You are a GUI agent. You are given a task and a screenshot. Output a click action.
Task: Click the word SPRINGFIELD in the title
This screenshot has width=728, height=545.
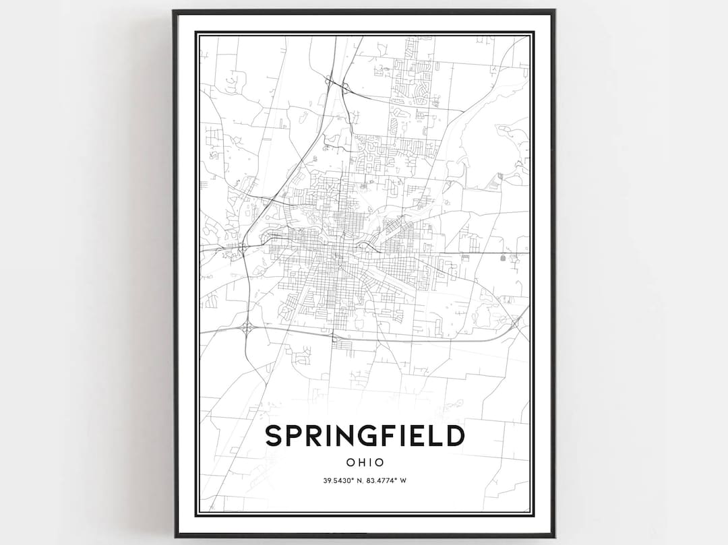coord(365,436)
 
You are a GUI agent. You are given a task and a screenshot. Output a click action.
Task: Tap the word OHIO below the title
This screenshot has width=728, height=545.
coord(365,463)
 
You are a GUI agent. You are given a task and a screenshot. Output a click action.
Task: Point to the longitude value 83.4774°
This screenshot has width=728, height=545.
coord(384,480)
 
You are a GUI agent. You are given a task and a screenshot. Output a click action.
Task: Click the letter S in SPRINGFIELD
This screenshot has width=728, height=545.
coord(273,436)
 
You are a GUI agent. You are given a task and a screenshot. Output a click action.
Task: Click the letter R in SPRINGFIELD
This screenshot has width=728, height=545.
coord(313,436)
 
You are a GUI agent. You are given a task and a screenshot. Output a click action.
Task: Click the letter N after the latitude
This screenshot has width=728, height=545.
coord(360,480)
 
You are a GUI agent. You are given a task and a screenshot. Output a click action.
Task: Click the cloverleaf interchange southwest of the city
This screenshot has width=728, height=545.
coord(247,328)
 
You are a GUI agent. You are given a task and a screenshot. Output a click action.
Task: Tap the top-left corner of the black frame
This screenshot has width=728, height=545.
coord(174,11)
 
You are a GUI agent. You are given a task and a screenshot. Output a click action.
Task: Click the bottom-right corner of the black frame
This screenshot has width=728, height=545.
coord(553,536)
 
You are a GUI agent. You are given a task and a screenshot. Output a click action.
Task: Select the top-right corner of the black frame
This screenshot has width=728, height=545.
coord(553,11)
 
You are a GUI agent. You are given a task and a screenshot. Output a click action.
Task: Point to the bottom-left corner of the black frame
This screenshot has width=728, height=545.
coord(174,536)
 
